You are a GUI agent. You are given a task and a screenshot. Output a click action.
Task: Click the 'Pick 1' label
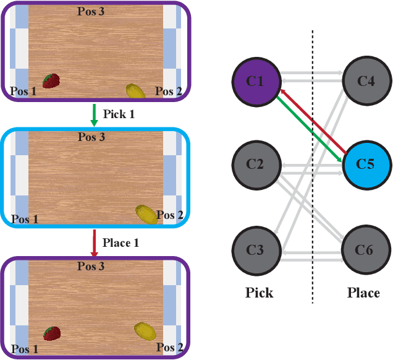(117, 114)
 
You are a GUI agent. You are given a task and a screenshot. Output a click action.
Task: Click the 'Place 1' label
(120, 242)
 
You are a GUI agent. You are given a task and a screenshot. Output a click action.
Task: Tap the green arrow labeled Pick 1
(94, 115)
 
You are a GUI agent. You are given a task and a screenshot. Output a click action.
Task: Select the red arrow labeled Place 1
(94, 242)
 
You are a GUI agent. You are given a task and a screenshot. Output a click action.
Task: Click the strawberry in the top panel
(51, 80)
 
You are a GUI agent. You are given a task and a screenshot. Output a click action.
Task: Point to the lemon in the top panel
(136, 91)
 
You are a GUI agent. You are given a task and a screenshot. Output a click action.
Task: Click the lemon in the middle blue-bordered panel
(146, 213)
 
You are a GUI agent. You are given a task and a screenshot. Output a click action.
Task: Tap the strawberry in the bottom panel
(52, 333)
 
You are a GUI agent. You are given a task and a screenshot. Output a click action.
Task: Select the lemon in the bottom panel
(145, 330)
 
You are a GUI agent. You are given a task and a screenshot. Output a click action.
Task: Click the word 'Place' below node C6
(363, 293)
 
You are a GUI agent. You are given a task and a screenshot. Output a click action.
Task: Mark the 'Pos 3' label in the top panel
(90, 11)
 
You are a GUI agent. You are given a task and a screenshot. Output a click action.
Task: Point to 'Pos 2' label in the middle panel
(169, 215)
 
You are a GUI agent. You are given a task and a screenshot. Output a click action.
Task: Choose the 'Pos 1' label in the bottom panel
(23, 349)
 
